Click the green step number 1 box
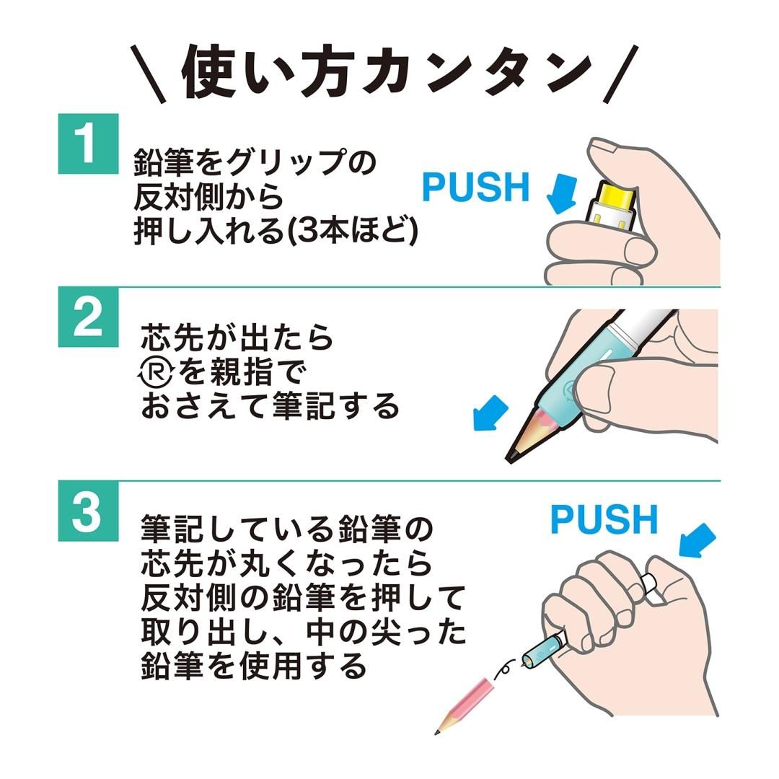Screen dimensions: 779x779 [88, 144]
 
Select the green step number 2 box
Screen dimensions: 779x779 [88, 317]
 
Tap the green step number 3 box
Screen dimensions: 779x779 [88, 511]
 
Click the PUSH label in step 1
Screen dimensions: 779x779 [475, 188]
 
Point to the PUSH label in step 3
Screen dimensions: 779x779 [604, 519]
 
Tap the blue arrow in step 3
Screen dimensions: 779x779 [695, 541]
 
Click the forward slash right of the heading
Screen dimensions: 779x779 [621, 73]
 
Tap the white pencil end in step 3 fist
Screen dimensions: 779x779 [651, 587]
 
